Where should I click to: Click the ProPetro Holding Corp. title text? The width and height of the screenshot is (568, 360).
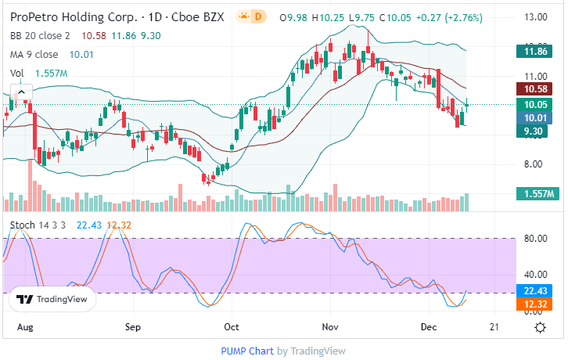(x=63, y=16)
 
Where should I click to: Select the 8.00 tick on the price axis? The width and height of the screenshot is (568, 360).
(x=534, y=164)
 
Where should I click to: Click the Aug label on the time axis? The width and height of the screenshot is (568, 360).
(x=25, y=326)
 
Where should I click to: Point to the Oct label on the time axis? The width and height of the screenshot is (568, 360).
(x=232, y=326)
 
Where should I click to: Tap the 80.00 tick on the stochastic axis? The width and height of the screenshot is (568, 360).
(x=535, y=239)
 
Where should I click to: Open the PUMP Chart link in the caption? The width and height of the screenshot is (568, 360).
(x=247, y=351)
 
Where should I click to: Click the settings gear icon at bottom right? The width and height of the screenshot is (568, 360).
(x=540, y=326)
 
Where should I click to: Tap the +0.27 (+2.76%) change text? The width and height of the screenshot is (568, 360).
(x=449, y=17)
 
